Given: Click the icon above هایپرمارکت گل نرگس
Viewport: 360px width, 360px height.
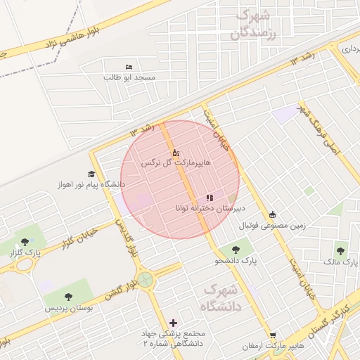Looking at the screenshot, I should pyautogui.click(x=176, y=152).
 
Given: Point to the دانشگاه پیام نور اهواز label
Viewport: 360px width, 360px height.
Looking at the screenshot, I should pyautogui.click(x=92, y=184).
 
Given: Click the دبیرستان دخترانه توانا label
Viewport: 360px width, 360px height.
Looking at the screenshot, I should pyautogui.click(x=210, y=209).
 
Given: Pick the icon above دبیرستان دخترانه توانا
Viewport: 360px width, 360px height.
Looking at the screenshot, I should pyautogui.click(x=210, y=198).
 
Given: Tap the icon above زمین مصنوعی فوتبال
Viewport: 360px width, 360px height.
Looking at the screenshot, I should pyautogui.click(x=272, y=215).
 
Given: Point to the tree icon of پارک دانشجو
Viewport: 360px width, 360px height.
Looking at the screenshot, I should pyautogui.click(x=234, y=250).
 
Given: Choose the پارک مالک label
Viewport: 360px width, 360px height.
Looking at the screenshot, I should pyautogui.click(x=343, y=262).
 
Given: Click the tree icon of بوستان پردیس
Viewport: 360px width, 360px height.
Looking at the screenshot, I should pyautogui.click(x=67, y=297).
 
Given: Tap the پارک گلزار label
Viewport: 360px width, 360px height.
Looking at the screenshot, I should pyautogui.click(x=27, y=252).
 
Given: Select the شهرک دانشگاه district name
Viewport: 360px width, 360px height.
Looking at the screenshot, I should pyautogui.click(x=221, y=298).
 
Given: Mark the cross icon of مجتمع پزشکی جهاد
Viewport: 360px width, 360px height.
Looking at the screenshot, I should pyautogui.click(x=174, y=323).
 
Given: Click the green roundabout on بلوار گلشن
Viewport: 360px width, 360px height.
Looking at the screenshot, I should pyautogui.click(x=146, y=280).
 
